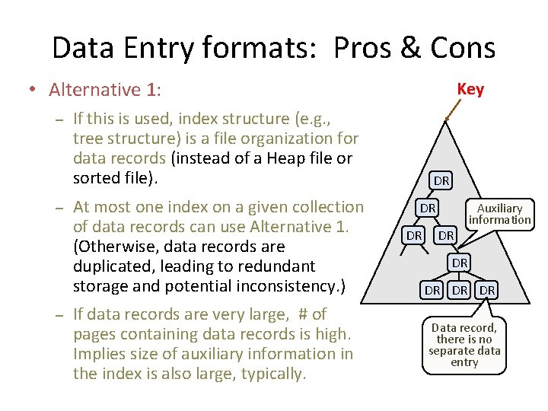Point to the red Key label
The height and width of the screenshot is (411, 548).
pos(470,89)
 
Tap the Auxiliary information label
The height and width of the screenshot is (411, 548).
pos(499,213)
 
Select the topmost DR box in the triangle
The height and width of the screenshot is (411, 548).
pos(441,180)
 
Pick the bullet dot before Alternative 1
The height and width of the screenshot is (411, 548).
pos(31,90)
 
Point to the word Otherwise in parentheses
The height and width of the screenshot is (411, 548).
pos(114,247)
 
